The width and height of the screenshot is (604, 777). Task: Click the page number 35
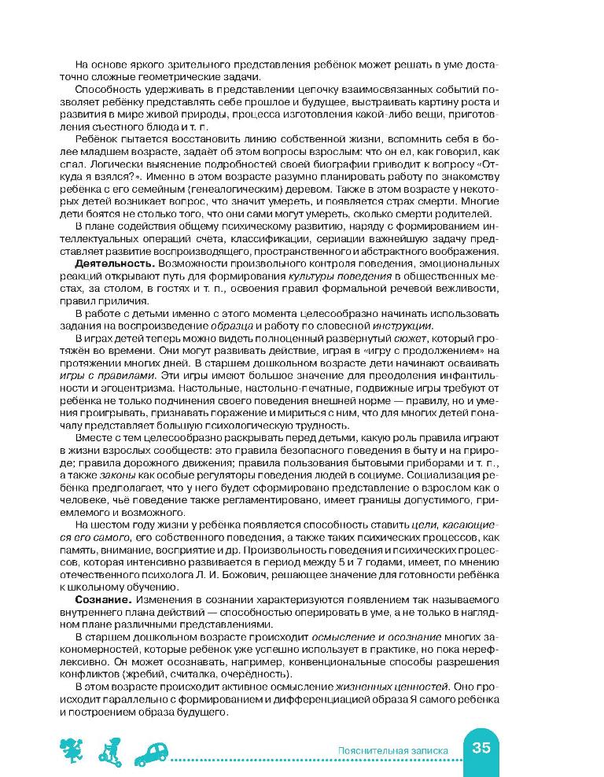click(481, 748)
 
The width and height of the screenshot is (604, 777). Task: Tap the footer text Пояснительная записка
click(391, 750)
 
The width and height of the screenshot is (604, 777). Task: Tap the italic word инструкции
click(411, 326)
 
